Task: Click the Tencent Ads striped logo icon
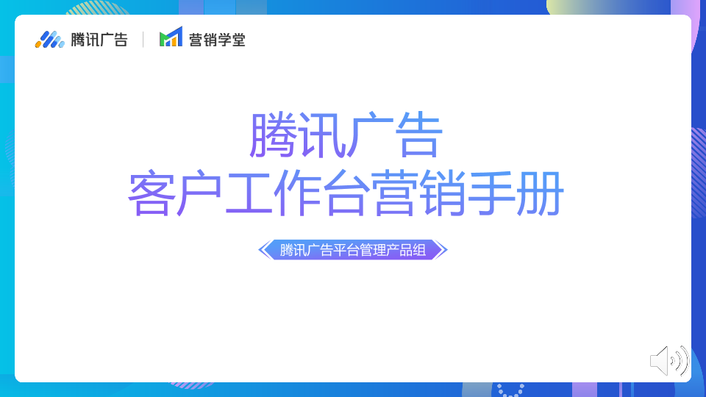49,40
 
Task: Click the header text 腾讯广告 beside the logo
99,40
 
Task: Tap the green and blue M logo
171,37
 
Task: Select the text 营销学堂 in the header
217,40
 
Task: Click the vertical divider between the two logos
143,40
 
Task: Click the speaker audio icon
669,360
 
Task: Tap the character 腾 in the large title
274,135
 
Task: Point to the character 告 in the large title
418,135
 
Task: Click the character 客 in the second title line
151,193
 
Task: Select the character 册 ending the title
540,193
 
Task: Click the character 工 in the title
249,193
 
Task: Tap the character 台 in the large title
346,193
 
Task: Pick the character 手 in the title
491,193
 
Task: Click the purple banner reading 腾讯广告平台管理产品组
353,250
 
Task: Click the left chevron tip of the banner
258,250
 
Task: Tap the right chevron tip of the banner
448,250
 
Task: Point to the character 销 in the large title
443,193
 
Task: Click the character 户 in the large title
200,193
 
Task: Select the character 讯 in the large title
321,135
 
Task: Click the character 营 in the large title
394,193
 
